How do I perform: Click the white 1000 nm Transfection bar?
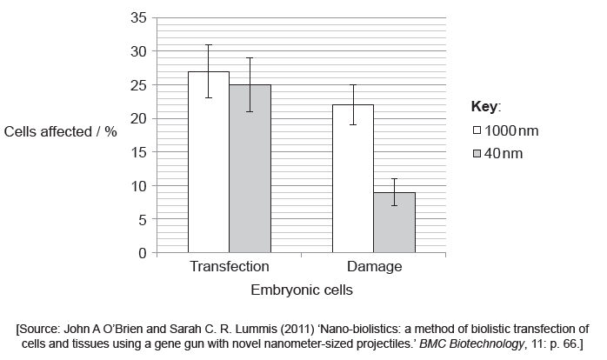point(209,165)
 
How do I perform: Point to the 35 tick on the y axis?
point(137,17)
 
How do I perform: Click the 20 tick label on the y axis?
point(137,118)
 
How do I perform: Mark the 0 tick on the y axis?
point(142,253)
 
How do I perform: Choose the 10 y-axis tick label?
point(137,186)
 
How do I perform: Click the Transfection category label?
point(229,267)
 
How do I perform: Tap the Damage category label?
point(374,267)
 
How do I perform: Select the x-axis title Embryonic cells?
point(302,290)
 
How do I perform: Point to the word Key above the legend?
point(484,106)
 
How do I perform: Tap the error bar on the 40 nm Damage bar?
point(394,191)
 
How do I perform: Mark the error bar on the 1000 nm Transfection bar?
point(209,70)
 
